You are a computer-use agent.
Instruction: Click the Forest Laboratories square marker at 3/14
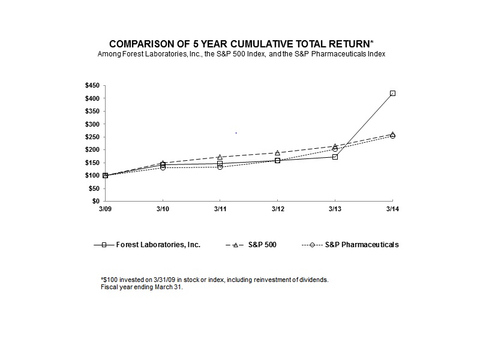coord(392,93)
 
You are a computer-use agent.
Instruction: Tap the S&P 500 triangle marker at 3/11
coord(220,157)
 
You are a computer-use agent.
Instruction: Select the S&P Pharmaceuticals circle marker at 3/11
coord(220,167)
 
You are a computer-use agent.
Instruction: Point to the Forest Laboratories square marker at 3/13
coord(335,157)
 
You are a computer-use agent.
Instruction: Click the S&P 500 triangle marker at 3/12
coord(277,152)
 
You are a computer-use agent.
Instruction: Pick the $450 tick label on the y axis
coord(92,85)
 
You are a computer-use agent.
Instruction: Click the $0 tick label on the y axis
coord(95,201)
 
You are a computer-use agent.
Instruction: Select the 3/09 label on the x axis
coord(105,209)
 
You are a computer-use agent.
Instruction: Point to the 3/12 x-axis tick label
coord(277,209)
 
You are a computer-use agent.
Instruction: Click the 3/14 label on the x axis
coord(392,209)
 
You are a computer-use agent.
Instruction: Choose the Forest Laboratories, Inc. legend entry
coord(157,245)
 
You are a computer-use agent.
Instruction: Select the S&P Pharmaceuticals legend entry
coord(362,245)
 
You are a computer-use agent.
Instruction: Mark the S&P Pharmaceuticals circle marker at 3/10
coord(163,167)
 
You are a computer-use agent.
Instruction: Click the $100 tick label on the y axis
coord(92,175)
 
